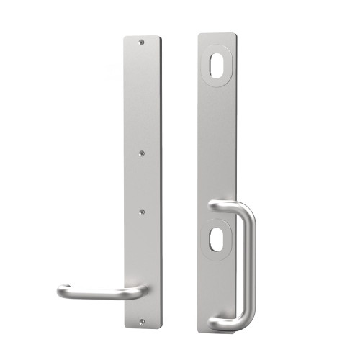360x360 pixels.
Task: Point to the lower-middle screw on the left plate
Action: point(141,211)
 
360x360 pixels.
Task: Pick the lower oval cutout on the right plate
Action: point(217,243)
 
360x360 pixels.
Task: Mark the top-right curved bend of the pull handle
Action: point(242,213)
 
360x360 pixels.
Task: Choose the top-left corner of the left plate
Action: point(124,37)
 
